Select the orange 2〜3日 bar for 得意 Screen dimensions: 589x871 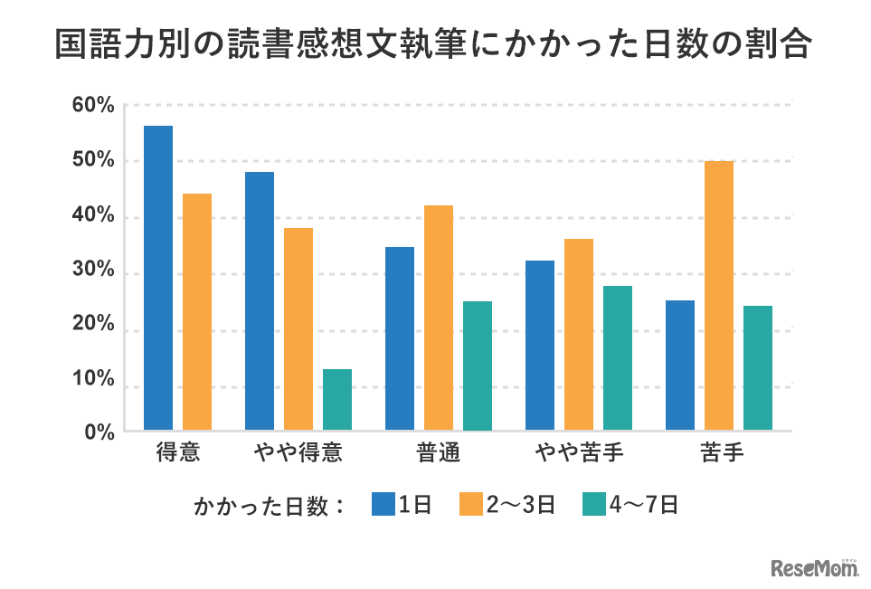197,312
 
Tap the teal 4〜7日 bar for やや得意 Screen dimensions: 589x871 337,399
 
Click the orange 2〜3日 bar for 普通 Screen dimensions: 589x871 439,318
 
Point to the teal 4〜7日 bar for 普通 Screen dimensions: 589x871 478,366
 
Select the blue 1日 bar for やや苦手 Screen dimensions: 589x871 540,345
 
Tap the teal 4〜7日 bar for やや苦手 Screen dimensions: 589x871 618,357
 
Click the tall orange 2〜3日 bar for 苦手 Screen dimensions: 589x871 719,295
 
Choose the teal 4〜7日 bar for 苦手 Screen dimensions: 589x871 758,367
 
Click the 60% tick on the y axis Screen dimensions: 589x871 94,105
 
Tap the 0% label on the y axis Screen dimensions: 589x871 99,432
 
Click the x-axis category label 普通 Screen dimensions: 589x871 439,452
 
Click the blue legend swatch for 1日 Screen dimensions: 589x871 384,505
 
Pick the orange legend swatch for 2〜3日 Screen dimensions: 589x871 470,505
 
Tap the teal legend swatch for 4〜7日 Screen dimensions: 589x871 593,505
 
